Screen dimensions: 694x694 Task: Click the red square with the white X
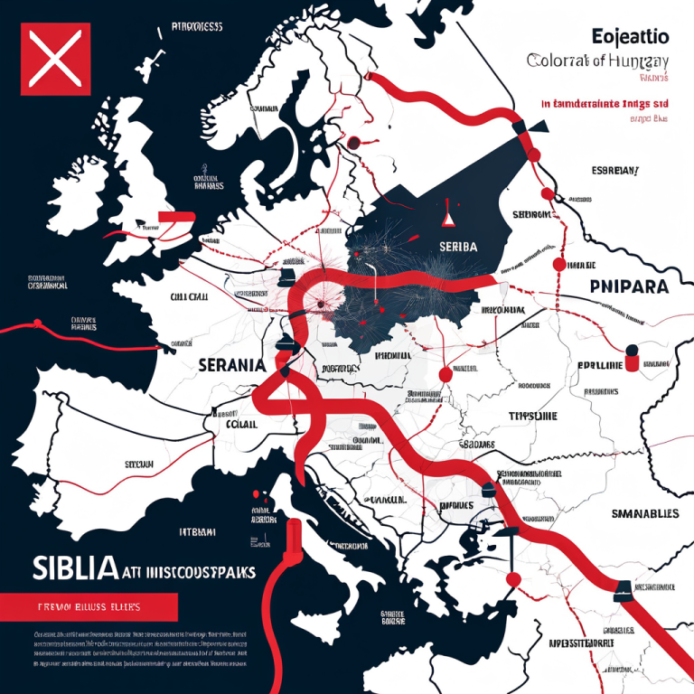(55, 59)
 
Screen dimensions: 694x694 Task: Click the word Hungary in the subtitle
(634, 61)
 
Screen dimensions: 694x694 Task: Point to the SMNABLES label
(633, 513)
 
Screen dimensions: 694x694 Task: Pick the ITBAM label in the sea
(200, 532)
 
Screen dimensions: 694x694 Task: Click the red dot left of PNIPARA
(558, 264)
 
